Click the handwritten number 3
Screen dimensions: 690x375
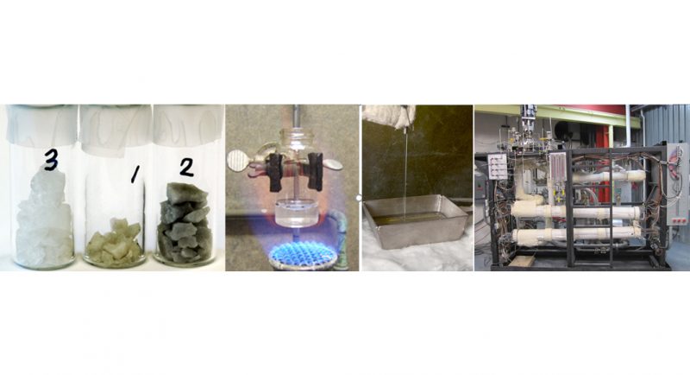click(x=51, y=161)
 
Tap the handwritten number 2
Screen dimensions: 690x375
click(x=186, y=167)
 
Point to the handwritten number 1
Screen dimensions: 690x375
click(x=135, y=176)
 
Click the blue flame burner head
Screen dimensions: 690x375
click(x=303, y=256)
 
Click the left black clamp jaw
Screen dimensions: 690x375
click(x=277, y=172)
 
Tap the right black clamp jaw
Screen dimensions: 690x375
click(x=315, y=171)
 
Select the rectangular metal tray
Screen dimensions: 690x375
click(x=416, y=220)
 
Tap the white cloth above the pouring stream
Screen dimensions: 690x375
click(x=389, y=116)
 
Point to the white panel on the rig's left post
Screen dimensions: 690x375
click(x=498, y=167)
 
